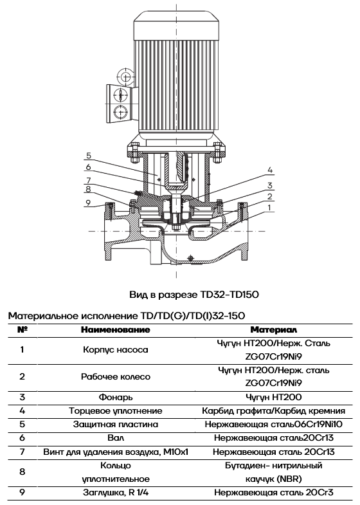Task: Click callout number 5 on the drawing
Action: tap(89, 156)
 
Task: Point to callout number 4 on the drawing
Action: tap(270, 170)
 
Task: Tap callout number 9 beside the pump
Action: tap(88, 203)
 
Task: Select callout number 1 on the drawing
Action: tap(269, 207)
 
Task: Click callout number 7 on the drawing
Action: tap(89, 180)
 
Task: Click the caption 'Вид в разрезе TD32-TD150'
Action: tap(194, 295)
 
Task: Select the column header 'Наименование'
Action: tap(116, 330)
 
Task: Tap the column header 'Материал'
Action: tap(273, 330)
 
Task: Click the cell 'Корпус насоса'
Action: tap(116, 350)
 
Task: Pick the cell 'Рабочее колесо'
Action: tap(116, 376)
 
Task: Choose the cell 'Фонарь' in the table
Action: tap(116, 397)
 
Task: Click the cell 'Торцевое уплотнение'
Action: tap(116, 411)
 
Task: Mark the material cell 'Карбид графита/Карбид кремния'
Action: tap(273, 411)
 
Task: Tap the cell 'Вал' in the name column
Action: tap(116, 438)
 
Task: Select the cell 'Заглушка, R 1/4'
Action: tap(116, 492)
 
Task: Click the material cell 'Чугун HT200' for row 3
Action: tap(273, 397)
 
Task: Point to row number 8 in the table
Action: tap(22, 472)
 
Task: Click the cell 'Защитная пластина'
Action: tap(116, 425)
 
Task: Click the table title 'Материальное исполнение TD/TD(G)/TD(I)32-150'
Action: tap(127, 316)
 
